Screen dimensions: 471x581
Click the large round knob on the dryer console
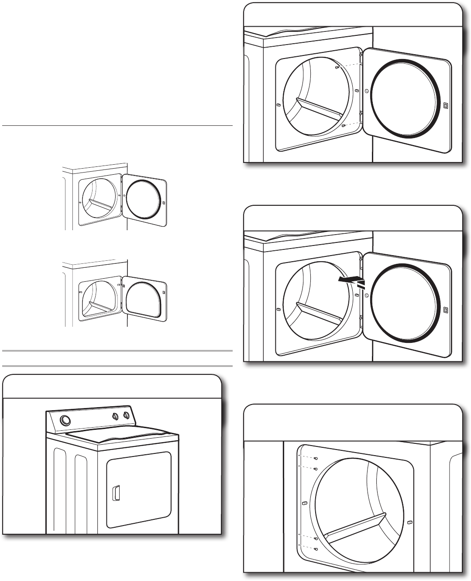tap(65, 421)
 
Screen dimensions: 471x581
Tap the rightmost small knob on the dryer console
tap(126, 415)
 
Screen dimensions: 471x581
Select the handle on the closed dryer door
tap(116, 492)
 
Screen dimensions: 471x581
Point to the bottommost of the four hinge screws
tap(316, 548)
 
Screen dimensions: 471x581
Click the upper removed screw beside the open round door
tap(337, 68)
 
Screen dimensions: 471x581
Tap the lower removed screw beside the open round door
tap(344, 126)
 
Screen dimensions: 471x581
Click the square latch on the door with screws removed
tap(445, 105)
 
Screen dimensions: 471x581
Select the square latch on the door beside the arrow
tap(445, 310)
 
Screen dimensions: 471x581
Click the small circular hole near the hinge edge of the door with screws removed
tap(366, 91)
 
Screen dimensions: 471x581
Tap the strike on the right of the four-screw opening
tap(409, 522)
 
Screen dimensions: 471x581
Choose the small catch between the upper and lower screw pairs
tap(303, 504)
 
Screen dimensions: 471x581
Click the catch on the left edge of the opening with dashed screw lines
tap(278, 105)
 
